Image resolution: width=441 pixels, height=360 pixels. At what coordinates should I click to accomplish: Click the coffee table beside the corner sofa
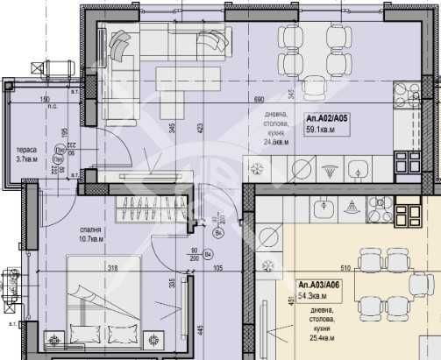click(x=171, y=77)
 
